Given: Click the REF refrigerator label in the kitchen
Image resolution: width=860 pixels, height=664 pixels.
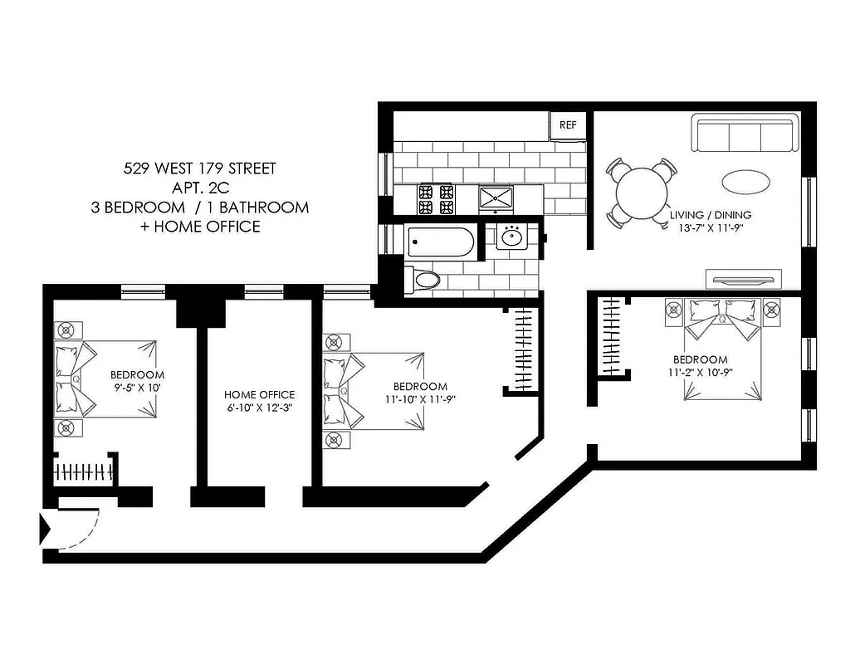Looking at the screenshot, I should pos(568,125).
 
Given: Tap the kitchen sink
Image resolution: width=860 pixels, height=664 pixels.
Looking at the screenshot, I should pos(496,198).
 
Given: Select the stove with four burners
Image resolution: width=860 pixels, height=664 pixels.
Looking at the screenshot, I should pos(437,198).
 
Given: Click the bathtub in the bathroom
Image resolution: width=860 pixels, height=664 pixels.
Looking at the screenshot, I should pos(442,243).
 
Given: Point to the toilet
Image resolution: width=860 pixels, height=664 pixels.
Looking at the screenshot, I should pos(423,279).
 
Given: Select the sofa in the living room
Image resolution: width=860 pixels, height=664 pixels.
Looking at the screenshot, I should pos(745,134).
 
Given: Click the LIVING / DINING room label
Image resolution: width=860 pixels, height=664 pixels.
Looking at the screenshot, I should pos(711,215).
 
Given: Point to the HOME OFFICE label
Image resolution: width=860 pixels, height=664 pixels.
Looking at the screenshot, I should pos(259,395).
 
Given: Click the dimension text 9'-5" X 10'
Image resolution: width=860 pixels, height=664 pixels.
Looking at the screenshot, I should pos(137,388).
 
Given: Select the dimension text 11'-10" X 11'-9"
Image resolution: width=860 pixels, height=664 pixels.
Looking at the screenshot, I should pos(419,399).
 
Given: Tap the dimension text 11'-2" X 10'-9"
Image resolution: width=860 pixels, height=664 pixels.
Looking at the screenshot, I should pos(700,373).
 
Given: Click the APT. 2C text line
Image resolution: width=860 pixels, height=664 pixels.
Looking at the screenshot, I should pos(199,188).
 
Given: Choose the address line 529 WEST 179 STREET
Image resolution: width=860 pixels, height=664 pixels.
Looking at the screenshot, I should pos(199,169).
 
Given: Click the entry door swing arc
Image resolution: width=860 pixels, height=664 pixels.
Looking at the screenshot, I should pos(83,534).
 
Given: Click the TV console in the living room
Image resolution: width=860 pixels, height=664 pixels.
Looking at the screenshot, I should pos(742,278).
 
